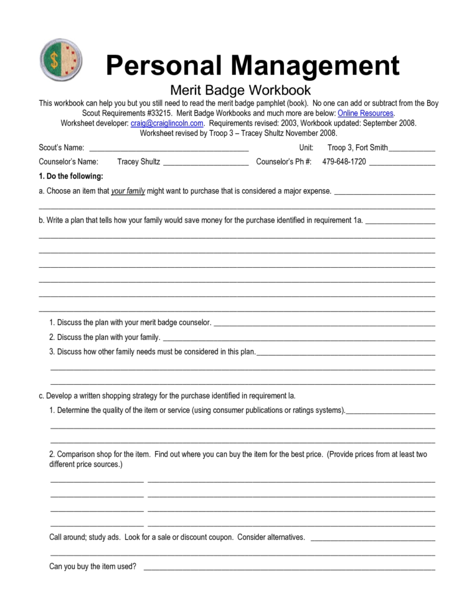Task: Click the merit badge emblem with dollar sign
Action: pyautogui.click(x=62, y=61)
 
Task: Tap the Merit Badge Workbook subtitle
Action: pyautogui.click(x=240, y=91)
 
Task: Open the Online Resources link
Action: pyautogui.click(x=365, y=113)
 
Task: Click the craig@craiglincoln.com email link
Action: pyautogui.click(x=167, y=123)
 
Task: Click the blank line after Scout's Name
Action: pyautogui.click(x=169, y=148)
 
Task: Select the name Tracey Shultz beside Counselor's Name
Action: pyautogui.click(x=138, y=162)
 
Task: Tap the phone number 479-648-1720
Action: pyautogui.click(x=344, y=162)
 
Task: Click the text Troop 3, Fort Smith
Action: pyautogui.click(x=357, y=148)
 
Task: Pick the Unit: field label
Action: pyautogui.click(x=306, y=148)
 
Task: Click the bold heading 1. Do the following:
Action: pyautogui.click(x=71, y=176)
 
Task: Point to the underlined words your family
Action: pyautogui.click(x=128, y=191)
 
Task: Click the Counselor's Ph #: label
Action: pyautogui.click(x=284, y=162)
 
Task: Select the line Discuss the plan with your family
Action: pyautogui.click(x=105, y=338)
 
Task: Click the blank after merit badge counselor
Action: pyautogui.click(x=324, y=323)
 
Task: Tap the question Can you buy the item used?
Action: pyautogui.click(x=93, y=567)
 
